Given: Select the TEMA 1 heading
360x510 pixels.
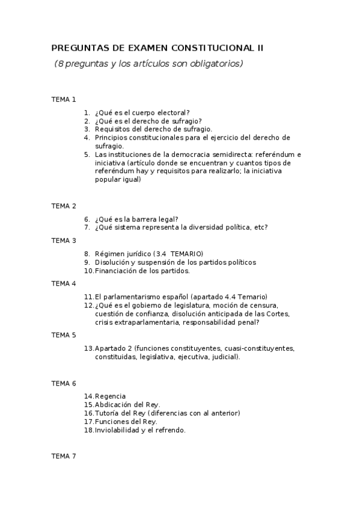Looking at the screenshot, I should (x=64, y=99).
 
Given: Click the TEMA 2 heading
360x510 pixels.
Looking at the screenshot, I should (x=64, y=206).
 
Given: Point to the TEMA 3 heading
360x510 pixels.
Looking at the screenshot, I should (x=64, y=241).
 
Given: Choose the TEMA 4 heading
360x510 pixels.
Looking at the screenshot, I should (x=64, y=283).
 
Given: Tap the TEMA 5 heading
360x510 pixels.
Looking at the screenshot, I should (x=64, y=335).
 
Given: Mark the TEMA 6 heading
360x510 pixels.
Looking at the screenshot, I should (x=64, y=383).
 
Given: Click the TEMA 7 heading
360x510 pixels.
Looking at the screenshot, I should (x=64, y=456).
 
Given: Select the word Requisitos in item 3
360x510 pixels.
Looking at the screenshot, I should (x=112, y=129).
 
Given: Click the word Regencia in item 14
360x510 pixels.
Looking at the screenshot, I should (x=111, y=396).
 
